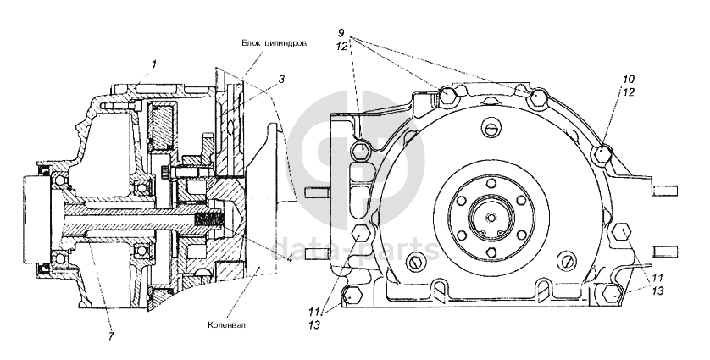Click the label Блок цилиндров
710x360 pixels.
(x=274, y=43)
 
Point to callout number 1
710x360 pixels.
(x=154, y=64)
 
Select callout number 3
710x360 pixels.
(x=281, y=80)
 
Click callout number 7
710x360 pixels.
(x=111, y=335)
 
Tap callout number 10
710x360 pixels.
(x=629, y=80)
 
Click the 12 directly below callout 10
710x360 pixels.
(x=629, y=92)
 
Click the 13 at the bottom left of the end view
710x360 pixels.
(x=314, y=324)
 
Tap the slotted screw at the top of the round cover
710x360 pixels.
(x=492, y=128)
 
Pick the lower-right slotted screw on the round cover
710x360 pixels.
(x=567, y=258)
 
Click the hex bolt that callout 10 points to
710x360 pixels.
(x=602, y=154)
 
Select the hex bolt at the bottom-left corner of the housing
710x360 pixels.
(x=352, y=296)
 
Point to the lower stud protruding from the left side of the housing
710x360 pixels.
(x=319, y=253)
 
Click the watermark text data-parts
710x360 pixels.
(x=356, y=248)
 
